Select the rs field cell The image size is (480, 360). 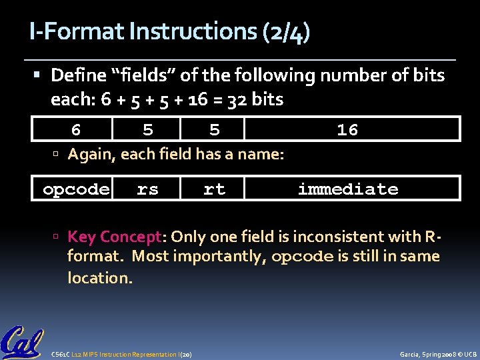pos(147,189)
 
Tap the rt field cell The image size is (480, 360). pos(214,189)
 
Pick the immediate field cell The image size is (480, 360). pos(348,189)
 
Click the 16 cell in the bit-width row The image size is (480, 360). pos(347,130)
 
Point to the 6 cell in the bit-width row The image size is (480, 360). pos(76,130)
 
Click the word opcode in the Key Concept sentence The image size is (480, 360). pos(299,257)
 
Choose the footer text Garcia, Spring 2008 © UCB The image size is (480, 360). pos(437,354)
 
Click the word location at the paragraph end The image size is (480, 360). pos(98,277)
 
